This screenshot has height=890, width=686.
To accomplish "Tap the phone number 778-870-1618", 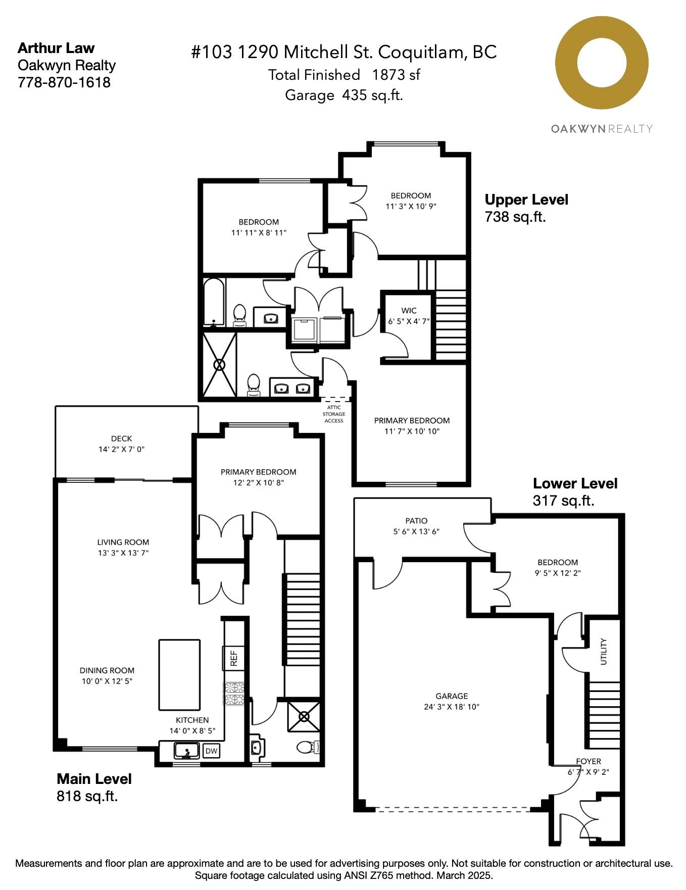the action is click(x=64, y=82).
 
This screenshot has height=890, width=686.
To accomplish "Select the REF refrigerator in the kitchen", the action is click(x=234, y=658).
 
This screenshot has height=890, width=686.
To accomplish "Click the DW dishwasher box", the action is click(x=212, y=751).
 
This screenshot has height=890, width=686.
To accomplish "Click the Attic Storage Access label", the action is click(x=334, y=414).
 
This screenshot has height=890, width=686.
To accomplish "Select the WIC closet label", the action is click(x=409, y=310).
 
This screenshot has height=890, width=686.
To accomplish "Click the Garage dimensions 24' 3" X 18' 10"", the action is click(x=452, y=707).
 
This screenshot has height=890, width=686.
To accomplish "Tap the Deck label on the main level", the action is click(x=121, y=438).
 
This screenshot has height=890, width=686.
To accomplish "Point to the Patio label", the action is click(x=416, y=520).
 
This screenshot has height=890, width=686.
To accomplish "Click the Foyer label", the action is click(x=589, y=761).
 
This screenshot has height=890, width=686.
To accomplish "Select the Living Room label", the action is click(x=123, y=542).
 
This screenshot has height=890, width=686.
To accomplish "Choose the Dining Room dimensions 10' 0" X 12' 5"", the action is click(x=107, y=681).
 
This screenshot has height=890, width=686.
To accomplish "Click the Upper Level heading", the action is click(x=526, y=200).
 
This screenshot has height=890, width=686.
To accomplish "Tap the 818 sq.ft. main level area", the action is click(x=87, y=796).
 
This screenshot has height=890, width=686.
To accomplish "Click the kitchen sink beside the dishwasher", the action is click(x=186, y=751).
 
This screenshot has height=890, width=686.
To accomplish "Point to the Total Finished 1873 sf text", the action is click(x=344, y=75).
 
